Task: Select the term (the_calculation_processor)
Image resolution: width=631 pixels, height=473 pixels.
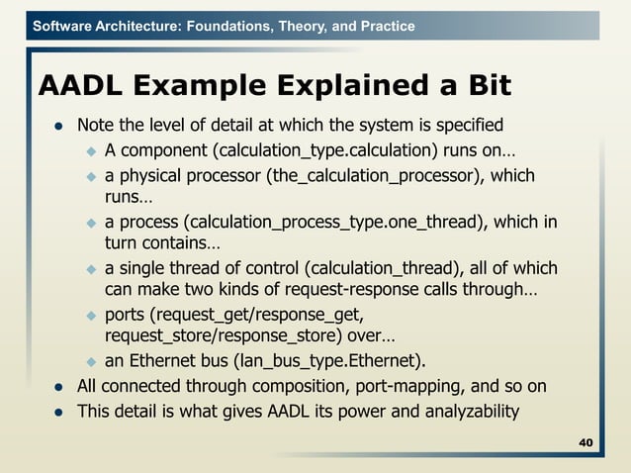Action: tap(378, 176)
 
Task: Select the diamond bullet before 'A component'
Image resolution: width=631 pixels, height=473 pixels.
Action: tap(87, 151)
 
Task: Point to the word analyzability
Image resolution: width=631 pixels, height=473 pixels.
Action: tap(467, 411)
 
